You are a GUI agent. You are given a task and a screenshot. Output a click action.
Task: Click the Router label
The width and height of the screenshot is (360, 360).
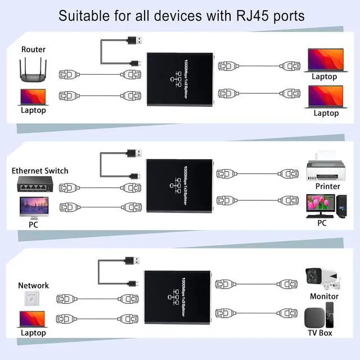pos(33,49)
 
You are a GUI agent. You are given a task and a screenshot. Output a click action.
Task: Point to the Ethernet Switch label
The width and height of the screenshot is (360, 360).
pos(40,170)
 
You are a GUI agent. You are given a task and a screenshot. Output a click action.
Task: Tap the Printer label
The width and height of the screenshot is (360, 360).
pos(327,186)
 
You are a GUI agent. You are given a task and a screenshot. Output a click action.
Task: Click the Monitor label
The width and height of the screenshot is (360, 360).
pos(324,296)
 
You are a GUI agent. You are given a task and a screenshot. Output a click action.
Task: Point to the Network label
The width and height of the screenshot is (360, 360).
pos(33,285)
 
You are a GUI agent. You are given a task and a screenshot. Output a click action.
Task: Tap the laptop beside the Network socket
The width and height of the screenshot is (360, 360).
pos(33,319)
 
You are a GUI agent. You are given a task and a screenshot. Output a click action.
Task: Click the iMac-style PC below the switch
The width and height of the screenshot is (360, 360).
pos(33,206)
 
